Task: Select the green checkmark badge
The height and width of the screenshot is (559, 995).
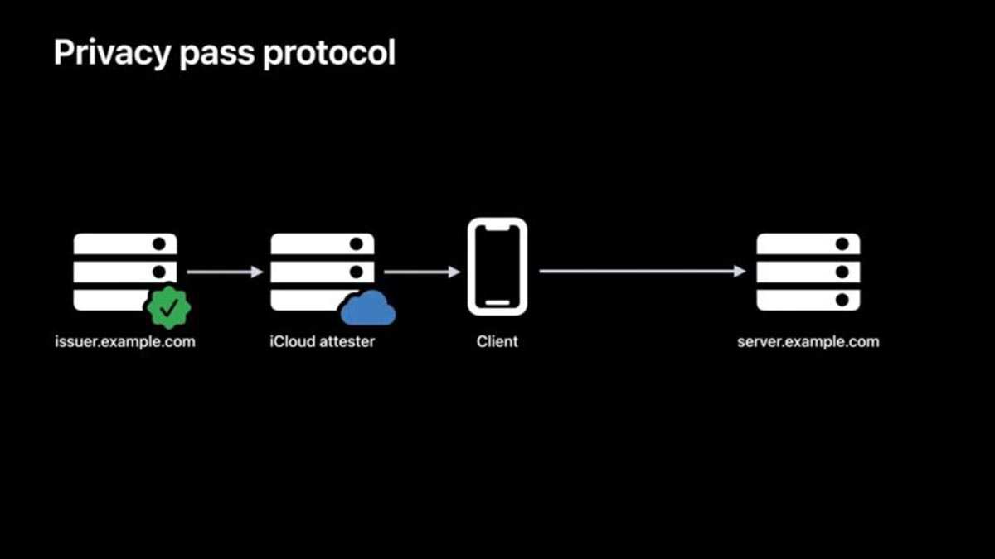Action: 168,307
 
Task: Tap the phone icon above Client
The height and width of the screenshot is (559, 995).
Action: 497,267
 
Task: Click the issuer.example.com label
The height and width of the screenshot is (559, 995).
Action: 125,341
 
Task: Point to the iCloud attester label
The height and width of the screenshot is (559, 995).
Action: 322,341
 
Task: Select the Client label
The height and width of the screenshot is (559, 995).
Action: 497,341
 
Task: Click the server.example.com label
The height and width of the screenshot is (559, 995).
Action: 808,341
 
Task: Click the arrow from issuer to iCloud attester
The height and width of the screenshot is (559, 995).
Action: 224,272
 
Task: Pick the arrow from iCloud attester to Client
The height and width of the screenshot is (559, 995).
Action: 421,272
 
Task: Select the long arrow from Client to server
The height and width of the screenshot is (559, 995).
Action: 642,272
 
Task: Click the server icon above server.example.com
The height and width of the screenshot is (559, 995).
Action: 808,272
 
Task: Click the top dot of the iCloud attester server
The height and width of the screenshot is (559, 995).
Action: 357,244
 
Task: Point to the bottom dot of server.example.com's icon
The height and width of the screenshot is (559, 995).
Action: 842,299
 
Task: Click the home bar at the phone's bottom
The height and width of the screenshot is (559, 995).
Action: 497,301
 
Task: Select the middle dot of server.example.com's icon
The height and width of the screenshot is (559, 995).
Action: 842,272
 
